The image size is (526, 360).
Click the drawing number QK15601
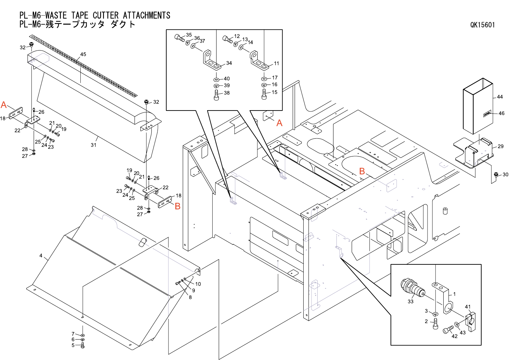(x=482, y=25)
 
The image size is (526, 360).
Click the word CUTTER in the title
(x=106, y=15)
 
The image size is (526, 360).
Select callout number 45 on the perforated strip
(x=83, y=54)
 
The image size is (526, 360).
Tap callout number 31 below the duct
(x=93, y=145)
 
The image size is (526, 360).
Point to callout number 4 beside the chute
(x=41, y=256)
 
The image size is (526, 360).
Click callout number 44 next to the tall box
(x=500, y=97)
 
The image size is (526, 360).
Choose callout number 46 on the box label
(x=501, y=113)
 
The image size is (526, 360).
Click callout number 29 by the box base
(x=500, y=146)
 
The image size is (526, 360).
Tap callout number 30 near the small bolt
(x=505, y=175)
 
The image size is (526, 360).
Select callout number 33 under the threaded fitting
(x=410, y=301)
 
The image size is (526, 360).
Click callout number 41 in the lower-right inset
(x=467, y=307)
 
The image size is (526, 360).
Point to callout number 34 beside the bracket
(x=229, y=63)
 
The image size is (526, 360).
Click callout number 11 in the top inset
(x=276, y=64)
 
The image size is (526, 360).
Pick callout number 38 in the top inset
(x=227, y=93)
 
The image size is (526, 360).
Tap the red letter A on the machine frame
(x=279, y=123)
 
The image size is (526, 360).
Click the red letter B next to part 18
(x=178, y=206)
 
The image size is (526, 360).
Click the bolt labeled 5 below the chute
(x=82, y=345)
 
